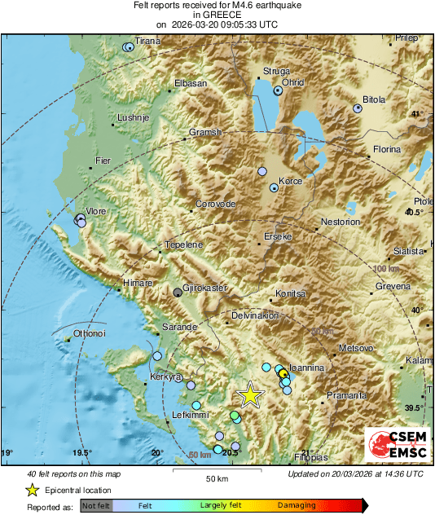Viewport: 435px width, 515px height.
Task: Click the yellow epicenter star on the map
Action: click(250, 395)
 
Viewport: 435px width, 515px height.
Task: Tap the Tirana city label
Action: click(147, 41)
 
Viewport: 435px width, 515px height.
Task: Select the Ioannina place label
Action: click(308, 368)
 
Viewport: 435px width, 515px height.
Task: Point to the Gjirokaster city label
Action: click(205, 288)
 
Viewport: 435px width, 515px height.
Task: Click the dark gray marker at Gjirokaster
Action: click(178, 292)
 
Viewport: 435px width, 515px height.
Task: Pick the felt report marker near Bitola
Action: click(357, 108)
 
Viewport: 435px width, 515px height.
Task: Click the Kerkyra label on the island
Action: click(164, 378)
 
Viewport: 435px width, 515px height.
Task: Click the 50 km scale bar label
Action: click(216, 478)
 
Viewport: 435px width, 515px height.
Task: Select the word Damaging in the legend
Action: click(297, 505)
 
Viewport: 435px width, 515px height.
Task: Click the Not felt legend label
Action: click(96, 505)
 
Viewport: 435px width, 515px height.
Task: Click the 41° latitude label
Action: click(417, 114)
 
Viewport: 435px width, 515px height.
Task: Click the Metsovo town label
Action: click(355, 347)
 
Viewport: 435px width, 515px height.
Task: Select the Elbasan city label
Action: click(191, 83)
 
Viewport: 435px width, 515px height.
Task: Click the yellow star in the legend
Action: click(32, 490)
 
